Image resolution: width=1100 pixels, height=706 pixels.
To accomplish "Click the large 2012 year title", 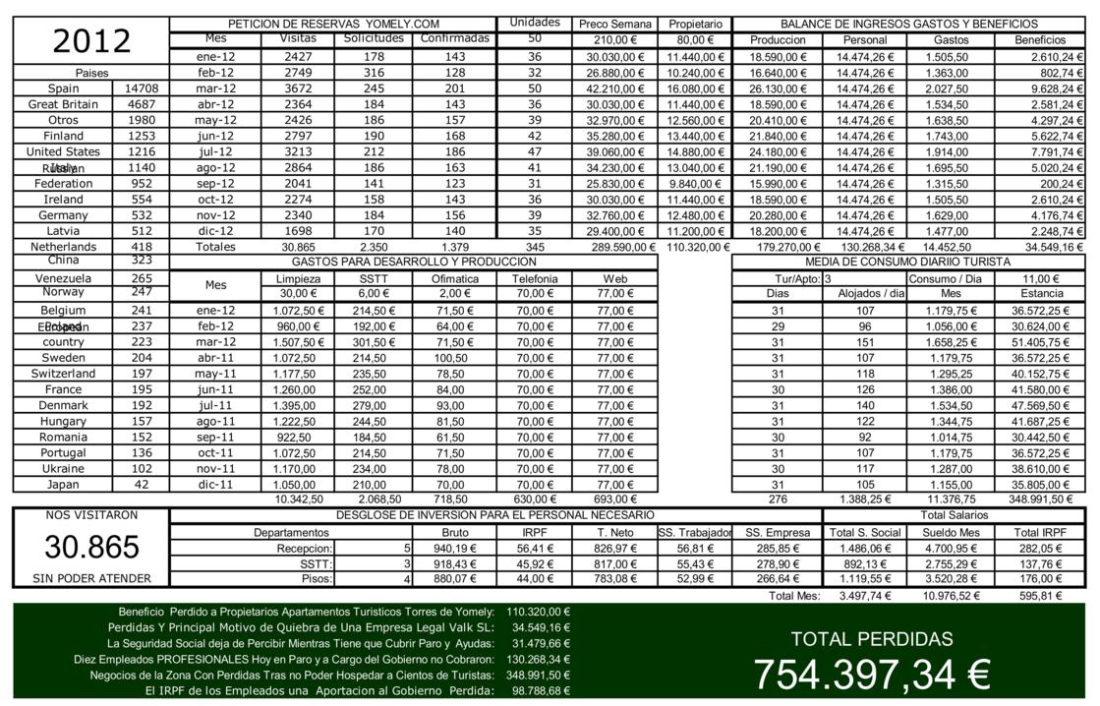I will tap(91, 41).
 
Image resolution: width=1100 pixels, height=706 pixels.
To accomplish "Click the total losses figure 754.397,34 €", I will tap(871, 675).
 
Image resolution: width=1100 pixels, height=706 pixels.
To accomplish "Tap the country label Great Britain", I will tap(63, 104).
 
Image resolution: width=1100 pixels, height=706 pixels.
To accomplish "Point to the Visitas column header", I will tap(291, 39).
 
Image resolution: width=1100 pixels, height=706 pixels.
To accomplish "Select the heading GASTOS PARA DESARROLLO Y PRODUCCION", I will tap(414, 263).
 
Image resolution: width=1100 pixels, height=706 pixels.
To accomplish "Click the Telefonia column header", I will tap(535, 278).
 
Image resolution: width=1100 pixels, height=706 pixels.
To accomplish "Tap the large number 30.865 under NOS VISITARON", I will tap(91, 547).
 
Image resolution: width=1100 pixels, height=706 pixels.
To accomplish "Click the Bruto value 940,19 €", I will tap(454, 548).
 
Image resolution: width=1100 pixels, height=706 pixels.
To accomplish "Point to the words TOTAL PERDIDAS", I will tap(872, 639).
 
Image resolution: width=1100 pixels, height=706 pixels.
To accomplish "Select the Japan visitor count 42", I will tap(142, 484).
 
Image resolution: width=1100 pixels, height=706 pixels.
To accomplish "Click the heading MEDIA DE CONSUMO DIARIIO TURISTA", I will tap(907, 263).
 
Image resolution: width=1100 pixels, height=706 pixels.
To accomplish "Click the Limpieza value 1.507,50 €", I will tap(291, 342).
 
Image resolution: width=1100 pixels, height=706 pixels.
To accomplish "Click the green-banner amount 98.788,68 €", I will tap(541, 691).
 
